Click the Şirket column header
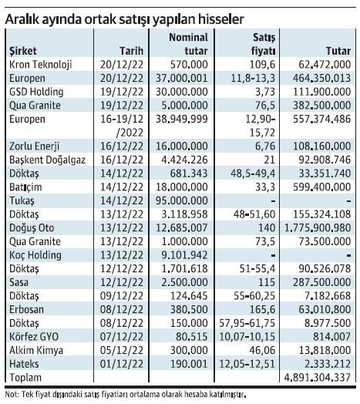23,51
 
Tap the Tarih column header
131,51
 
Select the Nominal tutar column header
188,44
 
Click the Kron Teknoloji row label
40,65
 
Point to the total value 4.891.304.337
318,378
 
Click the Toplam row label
25,378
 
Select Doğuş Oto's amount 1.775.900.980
318,227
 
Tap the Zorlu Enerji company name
34,146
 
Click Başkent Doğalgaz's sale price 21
270,160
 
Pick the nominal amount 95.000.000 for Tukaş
182,200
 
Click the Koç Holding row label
35,255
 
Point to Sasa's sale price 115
267,282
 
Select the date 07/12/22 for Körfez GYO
122,336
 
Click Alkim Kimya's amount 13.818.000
325,350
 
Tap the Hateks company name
24,364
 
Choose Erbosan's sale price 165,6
262,309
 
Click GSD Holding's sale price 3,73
265,92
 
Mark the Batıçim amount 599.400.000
322,187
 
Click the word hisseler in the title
220,19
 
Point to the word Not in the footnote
12,394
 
